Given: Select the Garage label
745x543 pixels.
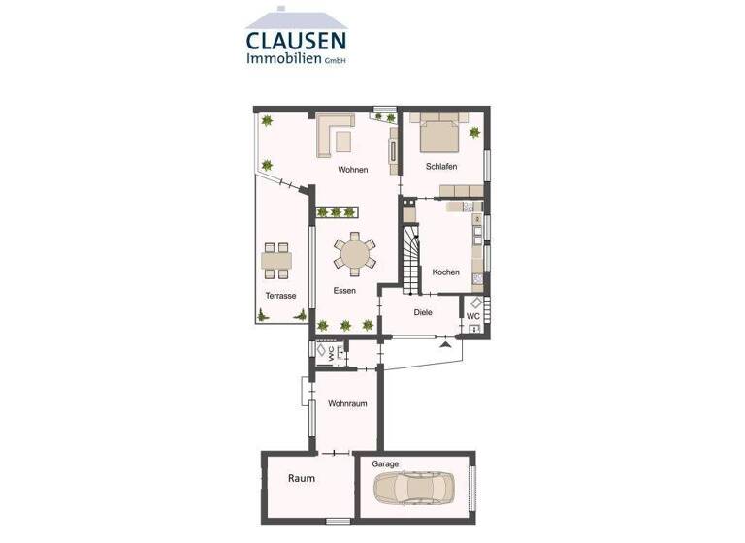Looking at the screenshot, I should pos(385,464).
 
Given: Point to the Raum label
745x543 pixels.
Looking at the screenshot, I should pos(301,479).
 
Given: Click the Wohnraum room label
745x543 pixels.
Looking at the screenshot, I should pos(346,403).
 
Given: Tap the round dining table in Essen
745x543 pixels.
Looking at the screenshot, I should pos(354,254).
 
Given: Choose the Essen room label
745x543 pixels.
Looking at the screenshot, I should pos(343,291).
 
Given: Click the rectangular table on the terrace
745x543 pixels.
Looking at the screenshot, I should pos(276,260).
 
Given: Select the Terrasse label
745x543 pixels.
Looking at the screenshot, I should pos(280,296).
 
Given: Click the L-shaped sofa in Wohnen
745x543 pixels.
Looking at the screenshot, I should pos(334,135).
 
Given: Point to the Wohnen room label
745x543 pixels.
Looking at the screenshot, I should pos(352,170).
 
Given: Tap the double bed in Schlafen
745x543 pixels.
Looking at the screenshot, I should pos(439,132).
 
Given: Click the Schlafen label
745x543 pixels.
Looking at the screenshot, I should pos(441,167).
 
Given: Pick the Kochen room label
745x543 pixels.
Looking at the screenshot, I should pos(446,272).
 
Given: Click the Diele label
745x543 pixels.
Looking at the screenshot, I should pos(422,312).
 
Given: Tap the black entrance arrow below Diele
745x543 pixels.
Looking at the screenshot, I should pos(445,343).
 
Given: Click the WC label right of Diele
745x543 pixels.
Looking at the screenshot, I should pos(473,316).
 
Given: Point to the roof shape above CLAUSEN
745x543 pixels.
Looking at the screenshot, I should pos(297,17).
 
